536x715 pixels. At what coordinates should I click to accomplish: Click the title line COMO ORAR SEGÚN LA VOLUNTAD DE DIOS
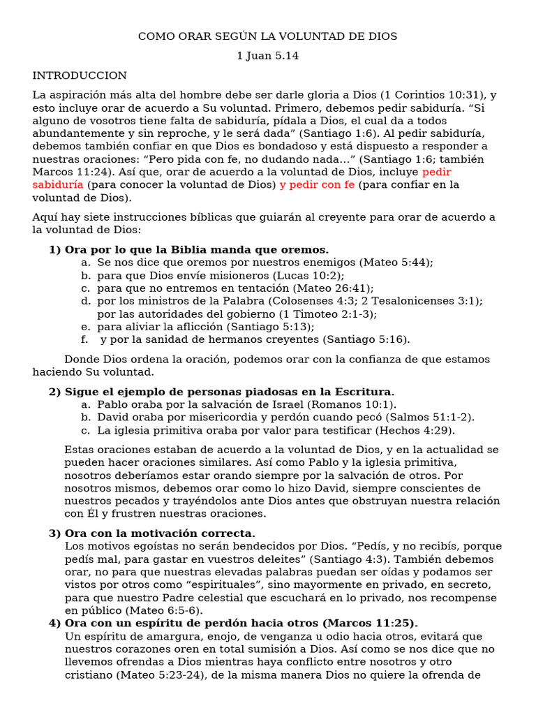coord(267,36)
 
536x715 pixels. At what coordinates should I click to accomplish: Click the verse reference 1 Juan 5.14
coord(267,56)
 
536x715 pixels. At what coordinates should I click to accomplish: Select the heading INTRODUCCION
coord(80,75)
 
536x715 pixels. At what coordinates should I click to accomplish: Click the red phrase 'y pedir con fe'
coord(317,184)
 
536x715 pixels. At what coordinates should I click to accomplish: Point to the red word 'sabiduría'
coord(59,184)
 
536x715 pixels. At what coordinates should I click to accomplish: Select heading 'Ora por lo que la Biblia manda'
coord(195,249)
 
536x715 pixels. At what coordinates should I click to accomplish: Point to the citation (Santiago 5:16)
coord(366,340)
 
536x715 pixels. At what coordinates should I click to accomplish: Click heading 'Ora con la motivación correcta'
coord(160,533)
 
